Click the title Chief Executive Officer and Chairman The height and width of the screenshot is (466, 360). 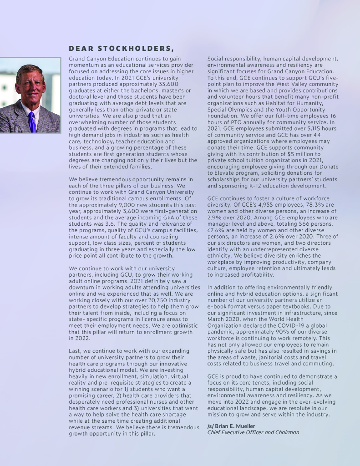[x=253, y=432]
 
